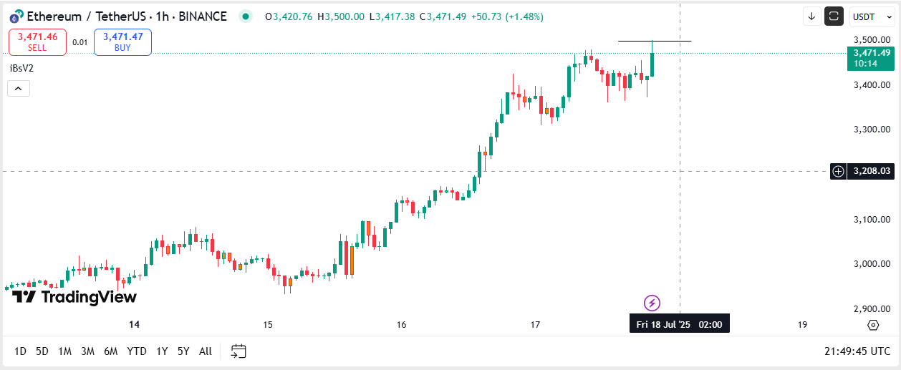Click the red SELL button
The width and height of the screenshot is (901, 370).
click(37, 42)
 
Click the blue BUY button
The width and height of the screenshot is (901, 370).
click(122, 42)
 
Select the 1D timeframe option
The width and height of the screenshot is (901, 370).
click(21, 351)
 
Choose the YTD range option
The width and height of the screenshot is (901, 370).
click(137, 351)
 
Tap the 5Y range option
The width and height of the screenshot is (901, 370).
click(183, 351)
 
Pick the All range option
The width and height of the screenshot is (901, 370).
click(206, 351)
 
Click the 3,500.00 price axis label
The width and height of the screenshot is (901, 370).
click(872, 40)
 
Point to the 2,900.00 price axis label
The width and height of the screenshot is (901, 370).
click(872, 308)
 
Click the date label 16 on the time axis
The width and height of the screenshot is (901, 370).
click(401, 325)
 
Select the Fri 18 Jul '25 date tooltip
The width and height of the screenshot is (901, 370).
click(679, 325)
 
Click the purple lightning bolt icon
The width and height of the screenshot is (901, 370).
click(652, 303)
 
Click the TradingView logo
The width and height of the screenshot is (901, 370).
click(74, 297)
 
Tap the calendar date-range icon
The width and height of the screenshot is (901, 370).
click(238, 351)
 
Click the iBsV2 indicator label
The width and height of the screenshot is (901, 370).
click(21, 68)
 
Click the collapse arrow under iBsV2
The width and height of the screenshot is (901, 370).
click(18, 89)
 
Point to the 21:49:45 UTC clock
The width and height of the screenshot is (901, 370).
click(857, 351)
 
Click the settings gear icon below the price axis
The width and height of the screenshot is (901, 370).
click(872, 325)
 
